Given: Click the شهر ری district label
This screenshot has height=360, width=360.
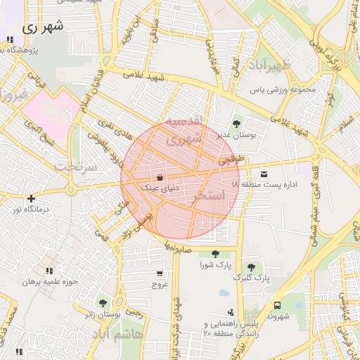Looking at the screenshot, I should (43, 27).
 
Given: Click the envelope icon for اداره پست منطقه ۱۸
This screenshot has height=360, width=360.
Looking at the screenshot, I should (264, 174).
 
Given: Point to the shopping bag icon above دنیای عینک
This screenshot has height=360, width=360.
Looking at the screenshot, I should (161, 177).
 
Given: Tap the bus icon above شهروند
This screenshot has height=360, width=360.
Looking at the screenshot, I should (278, 305).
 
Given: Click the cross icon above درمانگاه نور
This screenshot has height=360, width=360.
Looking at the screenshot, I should (30, 199).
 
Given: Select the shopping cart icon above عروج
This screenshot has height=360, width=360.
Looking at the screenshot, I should (160, 274).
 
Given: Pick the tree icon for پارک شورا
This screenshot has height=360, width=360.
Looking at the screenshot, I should (214, 254).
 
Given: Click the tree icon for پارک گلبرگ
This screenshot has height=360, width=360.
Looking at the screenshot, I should (250, 267).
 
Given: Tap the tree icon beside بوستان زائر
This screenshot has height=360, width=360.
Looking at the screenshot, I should (103, 302).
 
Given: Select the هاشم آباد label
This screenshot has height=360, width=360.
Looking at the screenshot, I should (117, 333).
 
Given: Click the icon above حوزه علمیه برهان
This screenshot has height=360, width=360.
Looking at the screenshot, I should (49, 271).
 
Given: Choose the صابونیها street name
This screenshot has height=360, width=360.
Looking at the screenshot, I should (180, 247).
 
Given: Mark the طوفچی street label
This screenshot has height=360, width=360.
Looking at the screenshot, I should (231, 160).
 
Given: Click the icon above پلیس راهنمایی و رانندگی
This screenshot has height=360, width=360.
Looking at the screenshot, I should (231, 311).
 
